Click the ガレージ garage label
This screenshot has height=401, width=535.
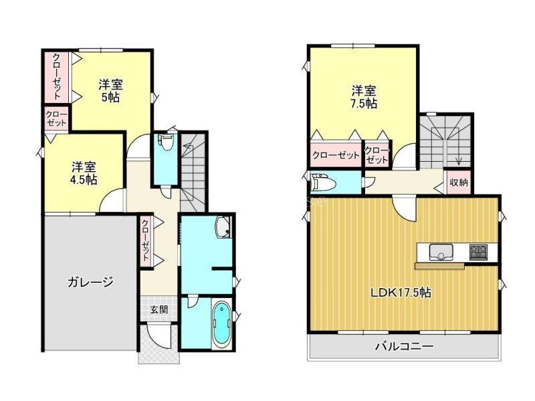pos(90,282)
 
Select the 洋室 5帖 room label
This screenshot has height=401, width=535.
pos(110,91)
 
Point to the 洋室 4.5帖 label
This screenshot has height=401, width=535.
pos(84,173)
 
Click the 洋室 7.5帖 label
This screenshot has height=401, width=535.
pos(364,97)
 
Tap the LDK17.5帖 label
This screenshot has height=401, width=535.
pos(401,293)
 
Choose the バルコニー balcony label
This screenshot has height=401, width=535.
pos(405,346)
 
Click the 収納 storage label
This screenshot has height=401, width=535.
pos(458,182)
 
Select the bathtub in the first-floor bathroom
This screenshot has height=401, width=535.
pos(222,323)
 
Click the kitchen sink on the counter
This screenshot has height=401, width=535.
pos(441,252)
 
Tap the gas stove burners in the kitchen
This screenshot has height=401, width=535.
pos(479,252)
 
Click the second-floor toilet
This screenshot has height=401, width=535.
pos(322,182)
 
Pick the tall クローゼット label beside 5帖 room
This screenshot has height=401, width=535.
pos(57,76)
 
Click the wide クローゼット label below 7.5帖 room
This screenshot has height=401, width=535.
pos(336,156)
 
